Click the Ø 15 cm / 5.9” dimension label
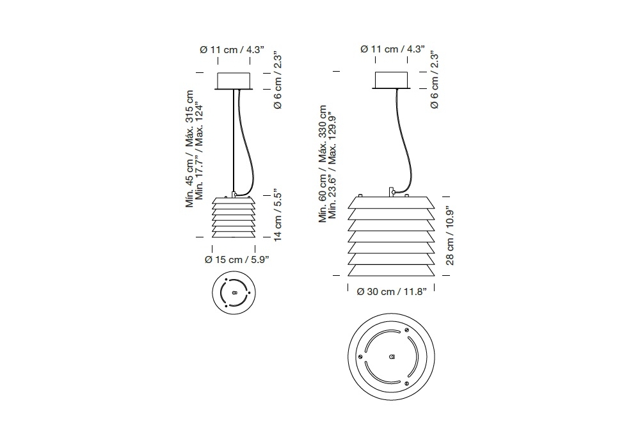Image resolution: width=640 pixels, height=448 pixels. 237,259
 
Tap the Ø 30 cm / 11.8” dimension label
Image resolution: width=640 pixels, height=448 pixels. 392,292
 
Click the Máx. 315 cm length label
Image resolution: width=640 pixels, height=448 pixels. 190,118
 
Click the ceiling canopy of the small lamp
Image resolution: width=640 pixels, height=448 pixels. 234,81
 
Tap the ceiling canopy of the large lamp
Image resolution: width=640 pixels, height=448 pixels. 392,80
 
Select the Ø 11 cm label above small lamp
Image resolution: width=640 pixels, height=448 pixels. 218,50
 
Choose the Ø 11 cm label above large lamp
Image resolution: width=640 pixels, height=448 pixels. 379,49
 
